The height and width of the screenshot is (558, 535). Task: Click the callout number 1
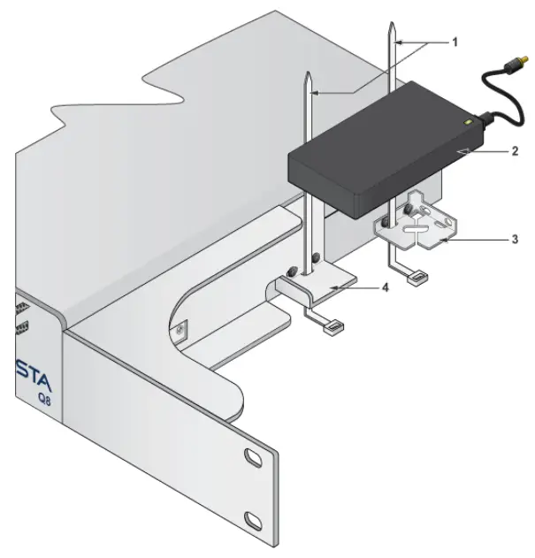point(455,41)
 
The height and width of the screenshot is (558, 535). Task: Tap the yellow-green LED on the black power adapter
point(468,121)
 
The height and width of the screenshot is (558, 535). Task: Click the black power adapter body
point(380,150)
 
